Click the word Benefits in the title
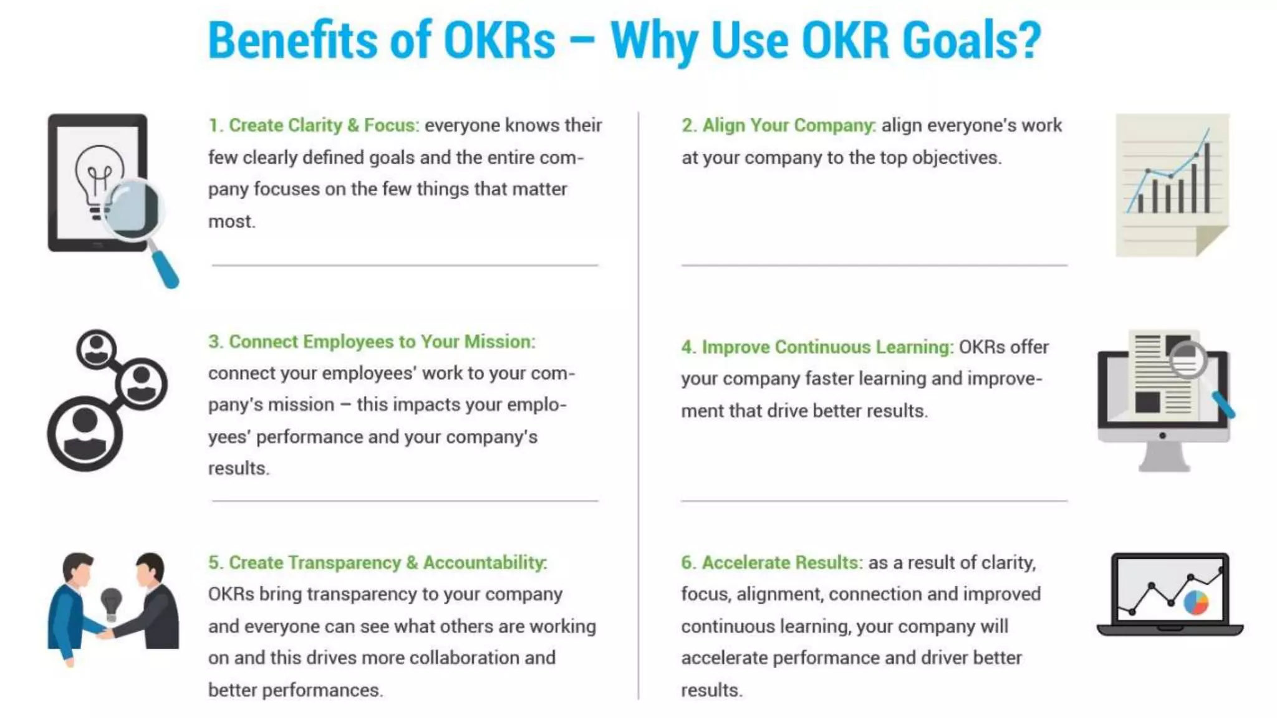click(x=292, y=41)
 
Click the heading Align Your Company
click(x=779, y=125)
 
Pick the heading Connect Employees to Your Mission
click(x=372, y=342)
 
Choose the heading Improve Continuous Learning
click(x=817, y=347)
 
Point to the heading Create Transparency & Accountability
click(x=378, y=562)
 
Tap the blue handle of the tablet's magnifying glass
click(x=166, y=270)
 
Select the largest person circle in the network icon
click(x=85, y=433)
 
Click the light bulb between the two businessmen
click(x=111, y=602)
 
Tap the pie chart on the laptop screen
click(x=1196, y=602)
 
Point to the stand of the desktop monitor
click(x=1164, y=458)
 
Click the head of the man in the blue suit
click(x=77, y=568)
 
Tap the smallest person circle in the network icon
click(x=97, y=348)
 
